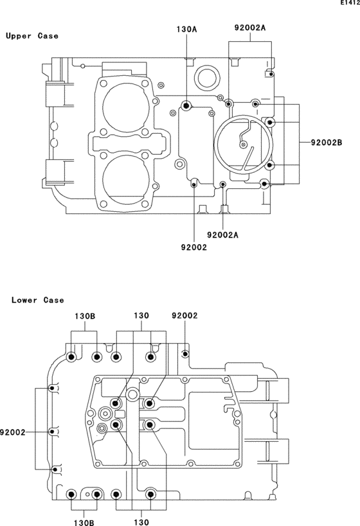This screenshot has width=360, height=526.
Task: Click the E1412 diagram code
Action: (350, 3)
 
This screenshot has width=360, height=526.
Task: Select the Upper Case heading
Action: (32, 36)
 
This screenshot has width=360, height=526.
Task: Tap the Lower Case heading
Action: (38, 300)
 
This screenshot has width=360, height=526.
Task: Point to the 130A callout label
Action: (186, 30)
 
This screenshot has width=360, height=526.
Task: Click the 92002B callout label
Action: (327, 143)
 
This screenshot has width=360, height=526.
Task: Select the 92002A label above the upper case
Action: (250, 28)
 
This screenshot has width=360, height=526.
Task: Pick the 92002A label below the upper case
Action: (222, 235)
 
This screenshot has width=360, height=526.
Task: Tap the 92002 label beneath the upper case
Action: (194, 247)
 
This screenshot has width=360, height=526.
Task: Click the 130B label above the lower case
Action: (85, 316)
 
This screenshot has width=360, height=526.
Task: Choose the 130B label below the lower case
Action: (84, 522)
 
